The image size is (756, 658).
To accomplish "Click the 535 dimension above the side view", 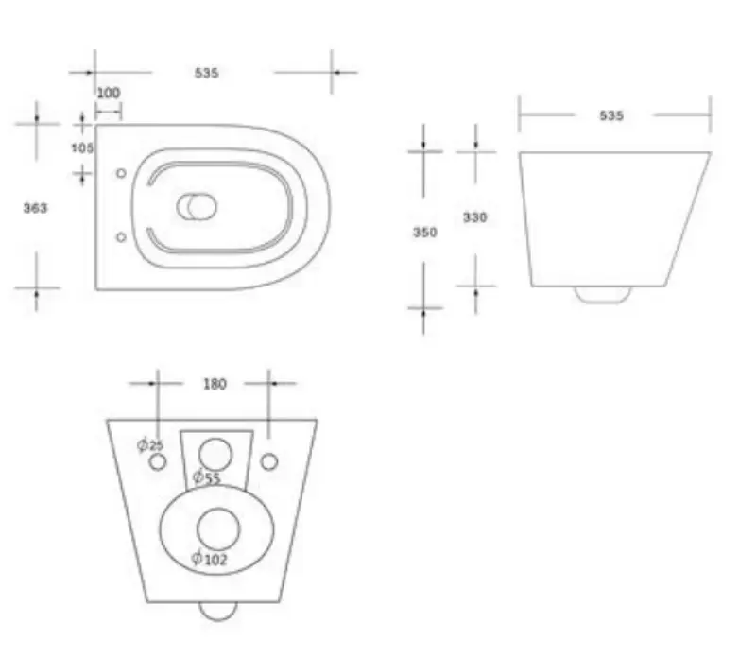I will click(611, 115).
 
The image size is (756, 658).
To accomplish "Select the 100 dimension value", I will click(109, 93).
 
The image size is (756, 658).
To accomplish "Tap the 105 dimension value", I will click(82, 147).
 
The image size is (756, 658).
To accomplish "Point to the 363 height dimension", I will click(35, 208).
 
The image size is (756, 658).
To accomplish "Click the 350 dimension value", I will click(425, 233).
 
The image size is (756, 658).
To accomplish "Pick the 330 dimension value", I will click(474, 217).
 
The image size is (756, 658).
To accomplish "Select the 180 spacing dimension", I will click(215, 384).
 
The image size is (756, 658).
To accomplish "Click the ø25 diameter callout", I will click(150, 444).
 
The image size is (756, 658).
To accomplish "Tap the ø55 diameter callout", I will click(206, 478).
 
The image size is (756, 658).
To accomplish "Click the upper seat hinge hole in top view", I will click(120, 174).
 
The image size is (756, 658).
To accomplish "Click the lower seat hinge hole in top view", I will click(120, 237).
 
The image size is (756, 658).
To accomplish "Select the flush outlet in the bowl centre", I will click(198, 206).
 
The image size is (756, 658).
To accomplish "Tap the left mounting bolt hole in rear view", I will click(158, 461).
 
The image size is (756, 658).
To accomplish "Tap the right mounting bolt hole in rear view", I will click(269, 461).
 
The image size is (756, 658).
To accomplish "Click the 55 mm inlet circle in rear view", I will click(217, 452).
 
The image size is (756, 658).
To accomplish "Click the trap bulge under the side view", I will click(603, 294).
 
